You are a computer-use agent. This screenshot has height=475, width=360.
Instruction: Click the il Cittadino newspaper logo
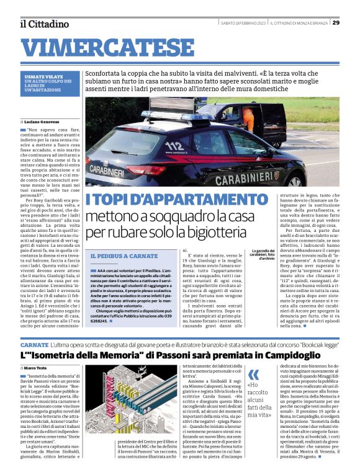pyautogui.click(x=43, y=24)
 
